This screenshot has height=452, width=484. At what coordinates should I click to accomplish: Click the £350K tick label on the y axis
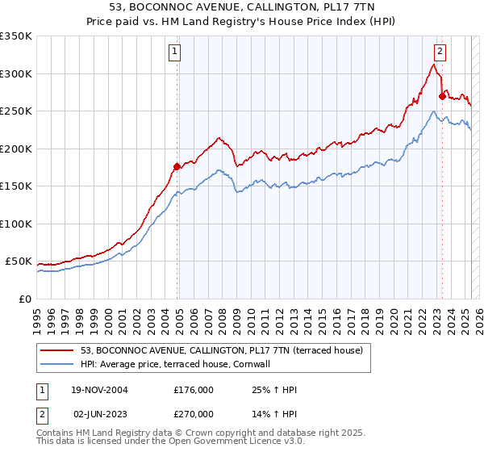pyautogui.click(x=16, y=36)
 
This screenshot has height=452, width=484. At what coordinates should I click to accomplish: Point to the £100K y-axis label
pyautogui.click(x=16, y=224)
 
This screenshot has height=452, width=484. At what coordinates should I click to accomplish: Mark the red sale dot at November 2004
pyautogui.click(x=177, y=167)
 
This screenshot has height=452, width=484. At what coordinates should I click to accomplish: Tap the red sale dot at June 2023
pyautogui.click(x=441, y=97)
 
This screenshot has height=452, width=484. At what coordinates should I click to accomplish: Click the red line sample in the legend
pyautogui.click(x=57, y=350)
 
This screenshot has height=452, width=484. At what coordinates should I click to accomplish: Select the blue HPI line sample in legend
pyautogui.click(x=57, y=364)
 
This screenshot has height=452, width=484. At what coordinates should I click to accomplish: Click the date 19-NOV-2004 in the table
pyautogui.click(x=100, y=391)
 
